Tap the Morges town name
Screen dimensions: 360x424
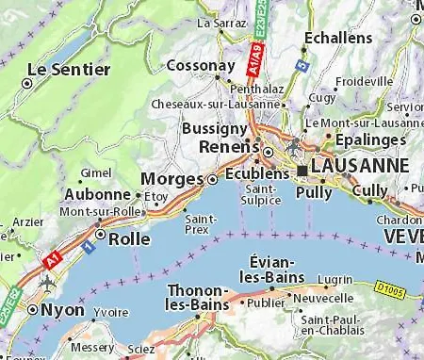pos(171,179)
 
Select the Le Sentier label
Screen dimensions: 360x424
pos(62,70)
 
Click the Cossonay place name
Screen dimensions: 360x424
pos(200,67)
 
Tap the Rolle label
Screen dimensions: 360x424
pos(130,239)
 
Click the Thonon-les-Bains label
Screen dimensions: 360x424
pos(198,298)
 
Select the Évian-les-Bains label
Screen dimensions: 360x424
pos(273,268)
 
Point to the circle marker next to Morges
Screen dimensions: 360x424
pos(213,179)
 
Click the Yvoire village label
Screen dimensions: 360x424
pos(111,312)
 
